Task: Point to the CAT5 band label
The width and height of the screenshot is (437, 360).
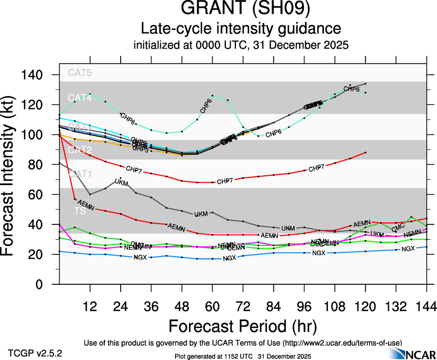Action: [80, 72]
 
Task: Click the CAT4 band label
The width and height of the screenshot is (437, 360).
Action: [80, 98]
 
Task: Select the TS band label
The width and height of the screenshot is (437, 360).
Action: [80, 210]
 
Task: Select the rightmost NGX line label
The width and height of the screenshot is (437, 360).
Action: [408, 249]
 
